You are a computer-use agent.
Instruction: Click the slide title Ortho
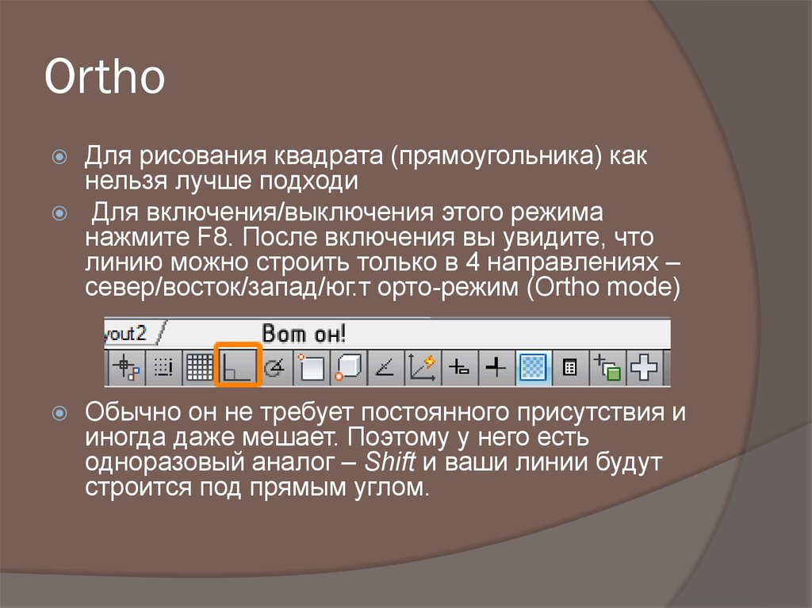pos(105,78)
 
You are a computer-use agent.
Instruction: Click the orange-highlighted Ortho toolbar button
pos(238,367)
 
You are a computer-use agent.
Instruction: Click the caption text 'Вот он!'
pos(304,333)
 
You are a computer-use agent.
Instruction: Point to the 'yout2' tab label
pos(126,332)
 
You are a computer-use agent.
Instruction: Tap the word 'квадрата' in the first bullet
pos(327,156)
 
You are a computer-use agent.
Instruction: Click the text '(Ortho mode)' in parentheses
pos(603,286)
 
